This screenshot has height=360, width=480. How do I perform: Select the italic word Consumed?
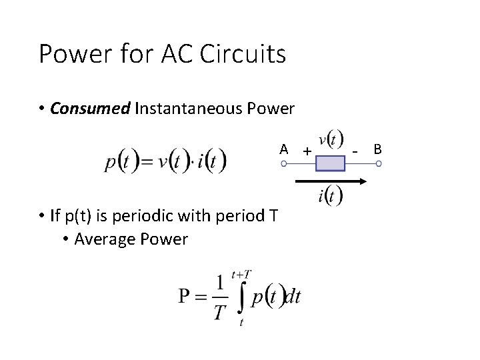[x=89, y=109]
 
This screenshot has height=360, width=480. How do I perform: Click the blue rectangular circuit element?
[x=330, y=163]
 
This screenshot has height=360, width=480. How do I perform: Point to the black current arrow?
[x=330, y=181]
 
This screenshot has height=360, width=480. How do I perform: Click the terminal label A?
[x=284, y=149]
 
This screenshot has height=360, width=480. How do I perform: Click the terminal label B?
[x=377, y=149]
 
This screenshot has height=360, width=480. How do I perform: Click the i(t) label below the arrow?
[x=331, y=195]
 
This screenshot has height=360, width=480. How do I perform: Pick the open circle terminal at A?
[x=284, y=163]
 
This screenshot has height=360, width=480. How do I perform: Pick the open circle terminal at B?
[x=378, y=163]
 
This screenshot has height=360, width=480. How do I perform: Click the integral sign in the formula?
[x=241, y=297]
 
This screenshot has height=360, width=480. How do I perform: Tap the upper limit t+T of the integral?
[x=241, y=275]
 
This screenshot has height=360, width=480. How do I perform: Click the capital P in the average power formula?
[x=185, y=297]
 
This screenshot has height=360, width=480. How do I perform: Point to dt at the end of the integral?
[x=293, y=297]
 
